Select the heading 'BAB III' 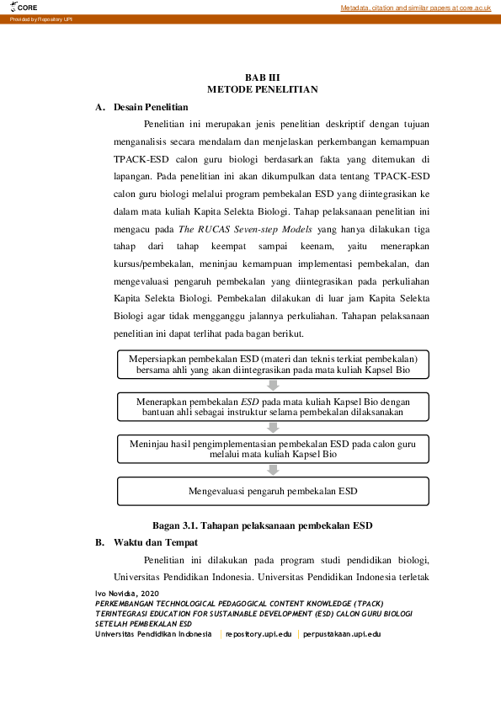(262, 77)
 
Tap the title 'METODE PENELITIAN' (262, 89)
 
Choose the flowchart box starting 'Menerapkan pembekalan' (273, 408)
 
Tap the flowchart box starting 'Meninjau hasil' (273, 448)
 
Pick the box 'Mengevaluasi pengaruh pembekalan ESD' (273, 490)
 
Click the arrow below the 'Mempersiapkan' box (273, 386)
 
